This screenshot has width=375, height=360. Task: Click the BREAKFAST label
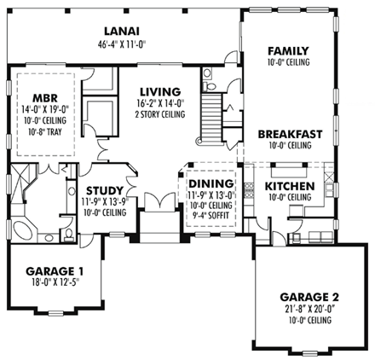pos(290,134)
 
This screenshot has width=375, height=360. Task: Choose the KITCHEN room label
pos(290,186)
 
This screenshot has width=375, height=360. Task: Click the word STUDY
pos(107,190)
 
